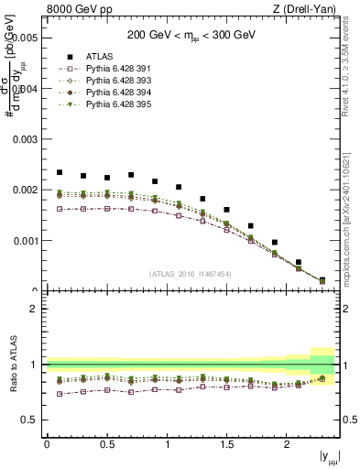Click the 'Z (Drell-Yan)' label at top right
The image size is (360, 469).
tap(309, 9)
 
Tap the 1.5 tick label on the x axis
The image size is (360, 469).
tap(227, 444)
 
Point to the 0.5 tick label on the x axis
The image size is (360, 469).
tap(106, 444)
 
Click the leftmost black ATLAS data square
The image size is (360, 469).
tap(60, 172)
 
